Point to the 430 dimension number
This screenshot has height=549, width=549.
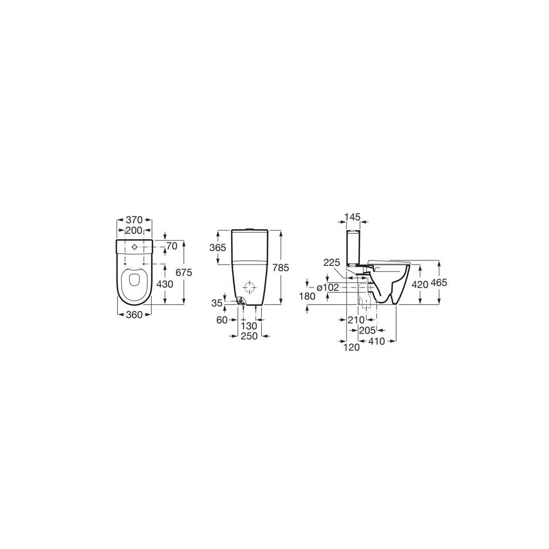(x=164, y=284)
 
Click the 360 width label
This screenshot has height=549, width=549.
(x=135, y=314)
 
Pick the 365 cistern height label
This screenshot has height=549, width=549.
(x=218, y=248)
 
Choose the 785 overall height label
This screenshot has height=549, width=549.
(x=280, y=269)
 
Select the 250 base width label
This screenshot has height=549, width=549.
(x=250, y=336)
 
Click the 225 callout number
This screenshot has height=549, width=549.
(x=332, y=263)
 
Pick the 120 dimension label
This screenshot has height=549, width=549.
(x=352, y=347)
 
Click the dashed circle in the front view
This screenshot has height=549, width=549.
(x=250, y=288)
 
